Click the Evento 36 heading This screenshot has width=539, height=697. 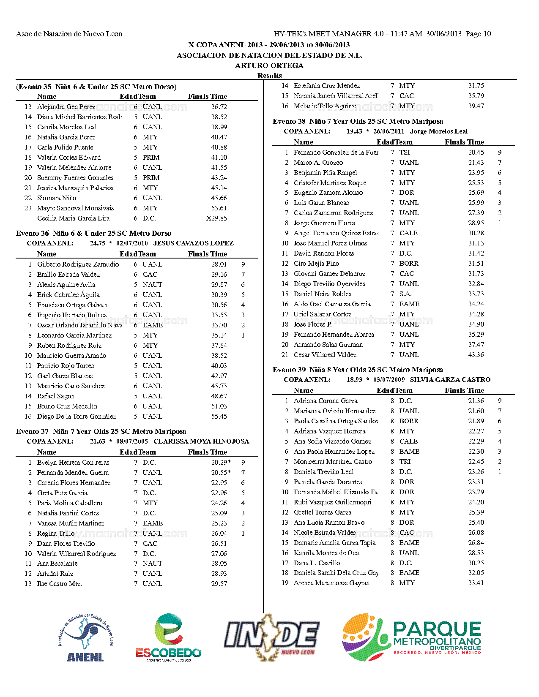coord(93,233)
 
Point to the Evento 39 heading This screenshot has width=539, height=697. coord(358,370)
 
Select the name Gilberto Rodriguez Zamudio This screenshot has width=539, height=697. coord(78,264)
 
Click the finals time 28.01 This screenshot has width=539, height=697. coord(219,264)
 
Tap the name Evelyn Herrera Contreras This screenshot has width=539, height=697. coord(73,463)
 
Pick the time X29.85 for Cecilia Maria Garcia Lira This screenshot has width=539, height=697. coord(216,218)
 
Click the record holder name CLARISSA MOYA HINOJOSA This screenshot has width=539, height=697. coord(201,441)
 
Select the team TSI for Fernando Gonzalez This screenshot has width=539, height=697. coord(405,152)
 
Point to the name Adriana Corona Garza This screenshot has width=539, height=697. coord(326,401)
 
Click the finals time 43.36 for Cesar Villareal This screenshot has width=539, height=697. coord(476,355)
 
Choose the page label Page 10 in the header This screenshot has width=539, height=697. coord(478,34)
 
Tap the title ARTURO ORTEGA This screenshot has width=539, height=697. coord(269,65)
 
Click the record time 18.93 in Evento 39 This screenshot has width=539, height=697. coord(354,380)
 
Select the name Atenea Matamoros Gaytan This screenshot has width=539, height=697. coord(331,583)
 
